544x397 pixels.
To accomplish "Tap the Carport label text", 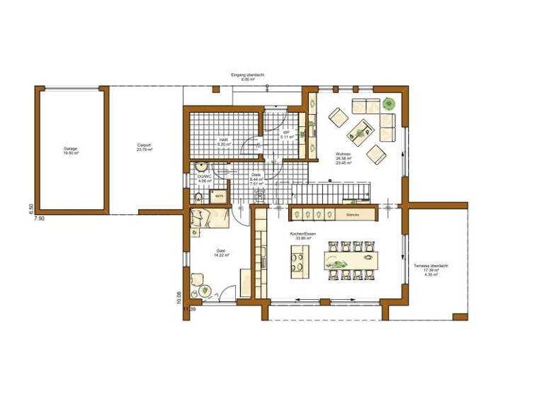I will [x=144, y=147].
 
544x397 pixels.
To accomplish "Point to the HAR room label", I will [x=223, y=141].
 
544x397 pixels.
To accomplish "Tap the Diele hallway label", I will [x=256, y=178].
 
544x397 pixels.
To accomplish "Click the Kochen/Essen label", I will [x=302, y=236].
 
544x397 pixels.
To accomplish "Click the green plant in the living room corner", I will [x=387, y=104].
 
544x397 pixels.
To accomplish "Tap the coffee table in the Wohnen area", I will [x=360, y=129].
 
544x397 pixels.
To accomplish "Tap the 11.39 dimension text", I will [x=189, y=309].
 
